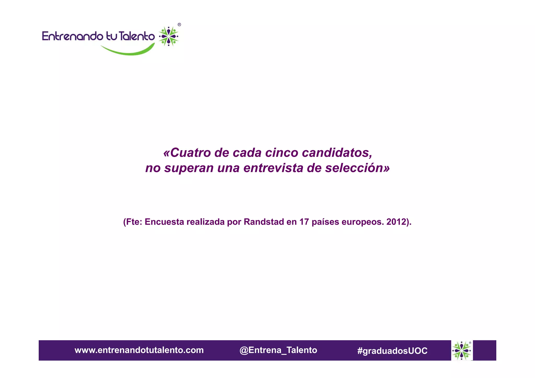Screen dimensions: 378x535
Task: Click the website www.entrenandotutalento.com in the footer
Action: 139,350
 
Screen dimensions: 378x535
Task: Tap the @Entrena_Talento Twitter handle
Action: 278,350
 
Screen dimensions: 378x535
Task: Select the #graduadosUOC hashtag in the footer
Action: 392,351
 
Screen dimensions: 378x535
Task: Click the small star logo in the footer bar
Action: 462,350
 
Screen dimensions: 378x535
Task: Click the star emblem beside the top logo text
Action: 168,36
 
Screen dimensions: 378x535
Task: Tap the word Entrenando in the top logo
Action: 73,36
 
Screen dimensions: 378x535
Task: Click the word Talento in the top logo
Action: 137,36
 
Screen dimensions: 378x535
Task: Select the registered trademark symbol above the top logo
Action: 179,25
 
